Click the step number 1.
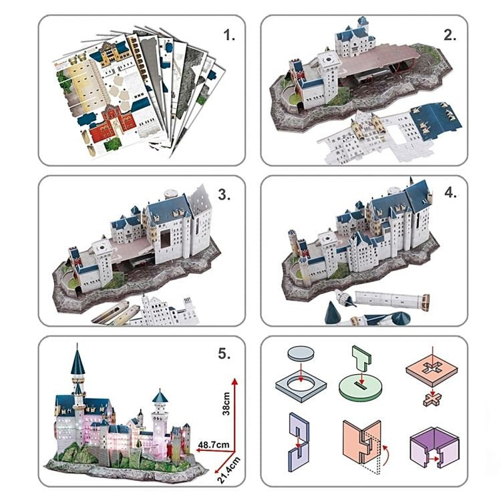pyautogui.click(x=230, y=35)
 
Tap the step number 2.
pyautogui.click(x=450, y=35)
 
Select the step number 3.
pyautogui.click(x=224, y=195)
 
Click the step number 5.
pyautogui.click(x=224, y=355)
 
